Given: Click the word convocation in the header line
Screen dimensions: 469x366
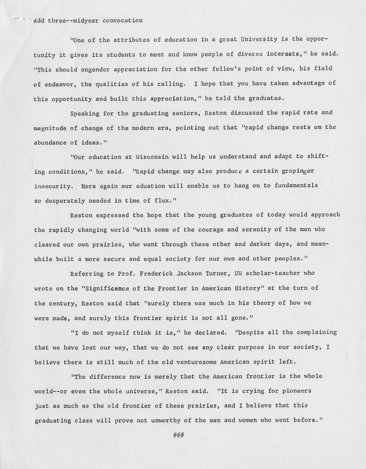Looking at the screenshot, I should coord(122,20).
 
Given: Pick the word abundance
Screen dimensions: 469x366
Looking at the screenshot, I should coord(50,143).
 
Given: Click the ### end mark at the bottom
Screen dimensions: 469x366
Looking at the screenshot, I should coord(179,435).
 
